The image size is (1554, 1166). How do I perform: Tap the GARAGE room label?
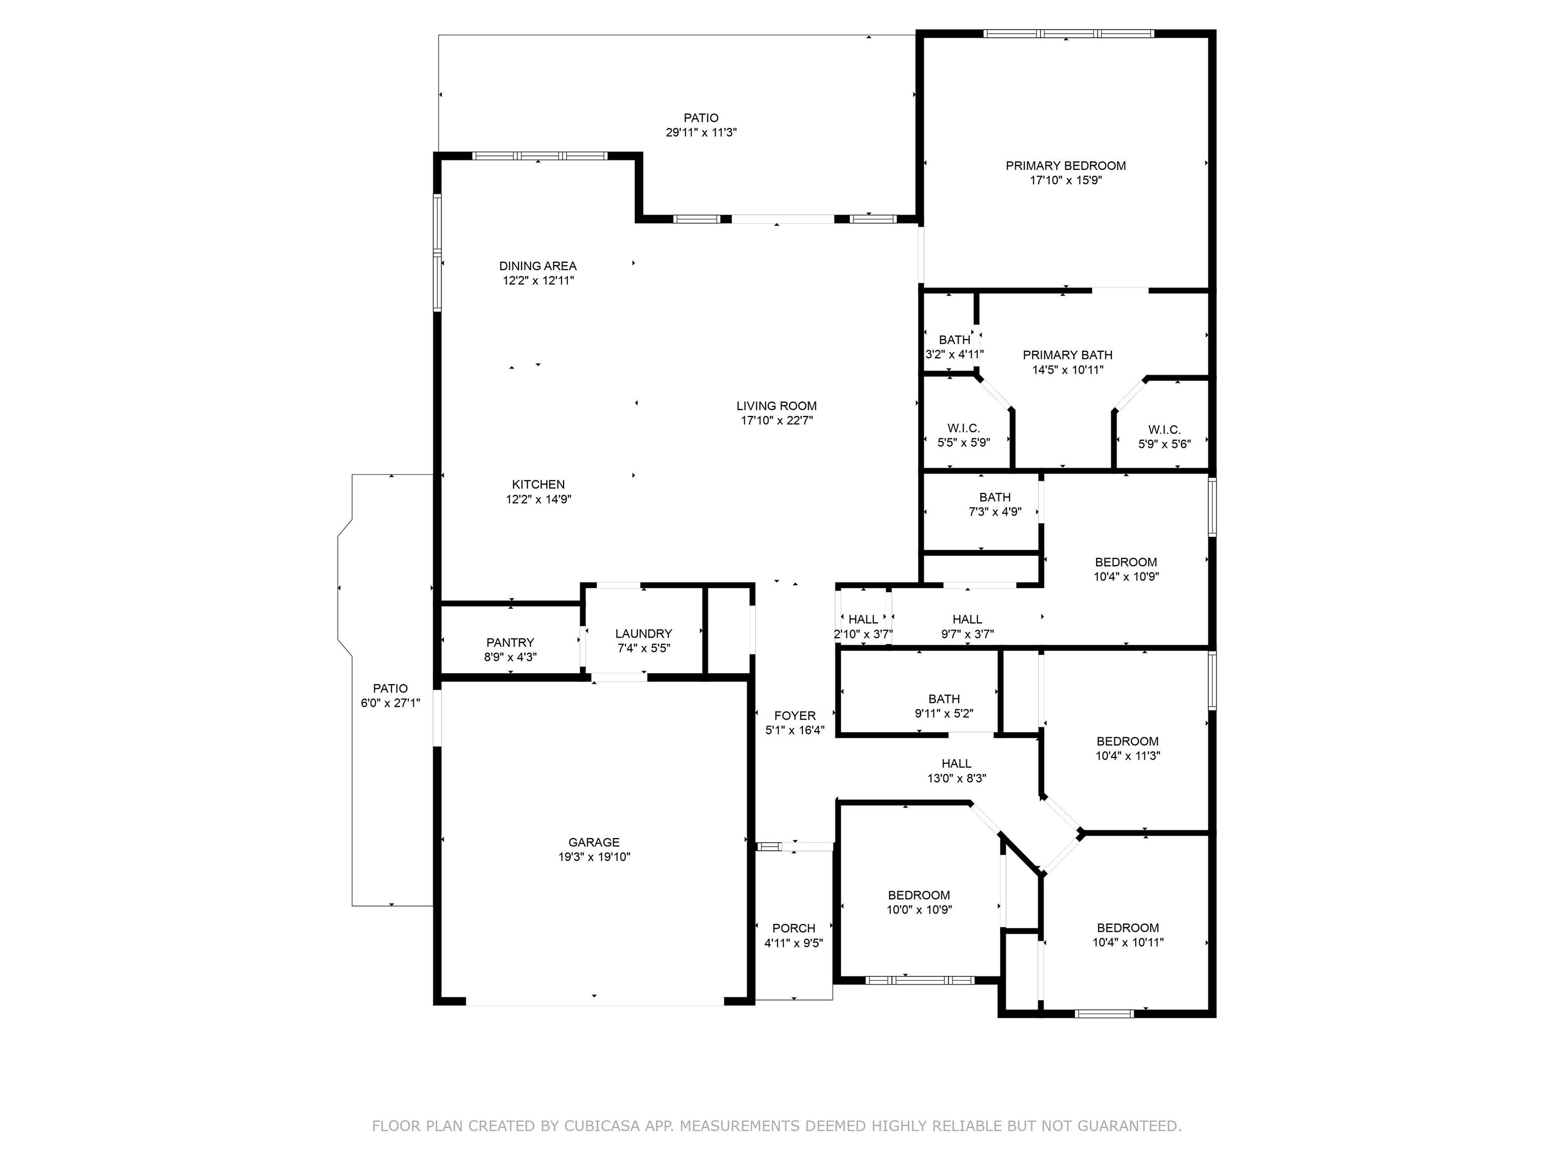[594, 842]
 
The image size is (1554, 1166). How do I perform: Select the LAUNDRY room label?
[643, 633]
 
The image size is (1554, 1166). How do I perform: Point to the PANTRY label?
[510, 642]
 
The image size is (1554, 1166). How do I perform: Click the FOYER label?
[795, 716]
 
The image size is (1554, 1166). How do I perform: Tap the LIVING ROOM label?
[776, 405]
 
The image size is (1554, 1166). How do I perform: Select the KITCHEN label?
[538, 484]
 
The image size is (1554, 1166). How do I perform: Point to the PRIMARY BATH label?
[1067, 355]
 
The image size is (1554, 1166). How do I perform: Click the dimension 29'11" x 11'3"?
[701, 132]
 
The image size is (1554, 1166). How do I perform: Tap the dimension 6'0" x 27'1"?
[390, 702]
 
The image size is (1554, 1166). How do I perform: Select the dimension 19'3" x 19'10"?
[594, 857]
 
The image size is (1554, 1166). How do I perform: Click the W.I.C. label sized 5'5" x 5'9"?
[963, 428]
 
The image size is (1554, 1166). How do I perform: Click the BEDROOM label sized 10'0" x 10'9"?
[919, 895]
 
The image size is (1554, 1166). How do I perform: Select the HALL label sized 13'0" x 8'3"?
[956, 763]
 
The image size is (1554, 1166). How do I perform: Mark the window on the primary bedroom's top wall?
[1068, 33]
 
